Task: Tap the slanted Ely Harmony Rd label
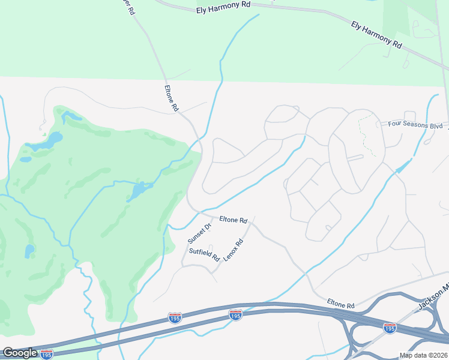[376, 34]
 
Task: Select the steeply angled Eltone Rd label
[172, 98]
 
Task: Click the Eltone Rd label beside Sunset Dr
[234, 220]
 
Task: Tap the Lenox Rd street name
[233, 250]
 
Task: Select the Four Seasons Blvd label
[415, 125]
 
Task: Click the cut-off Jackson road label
[433, 296]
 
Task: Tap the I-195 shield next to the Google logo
[46, 354]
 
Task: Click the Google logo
[20, 353]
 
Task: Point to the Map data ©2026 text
[415, 355]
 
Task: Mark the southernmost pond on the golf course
[29, 250]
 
